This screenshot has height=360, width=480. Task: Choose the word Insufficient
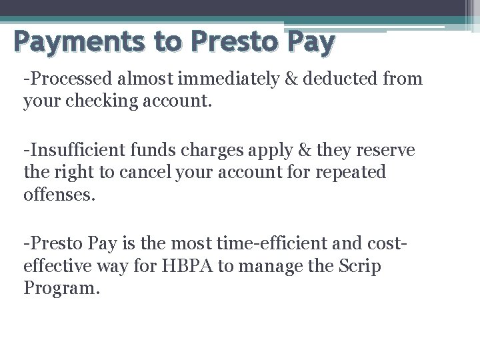68,151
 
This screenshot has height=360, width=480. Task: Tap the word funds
140,151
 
